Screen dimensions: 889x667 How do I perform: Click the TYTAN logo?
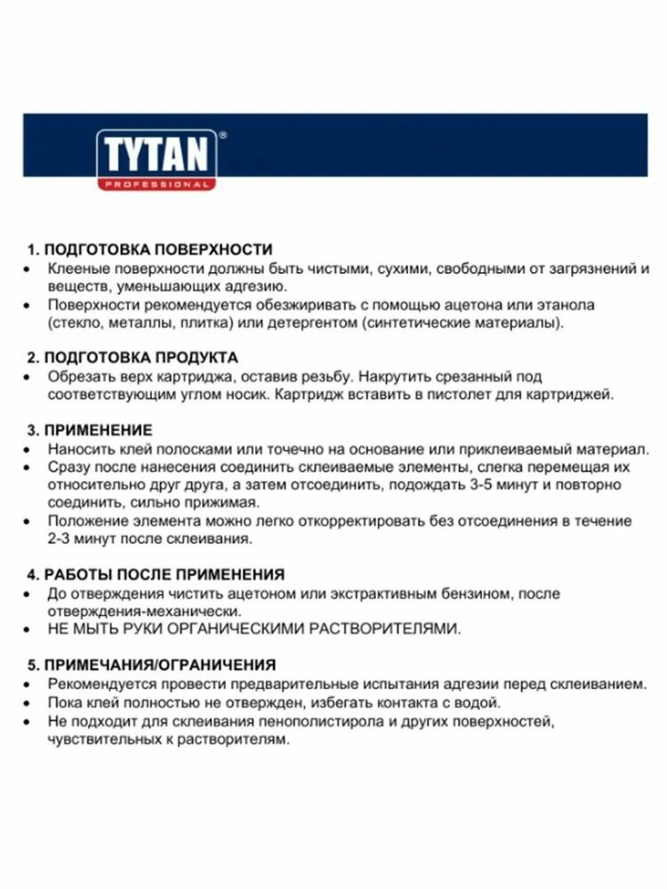click(156, 154)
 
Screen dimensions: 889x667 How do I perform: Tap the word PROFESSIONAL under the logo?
click(157, 184)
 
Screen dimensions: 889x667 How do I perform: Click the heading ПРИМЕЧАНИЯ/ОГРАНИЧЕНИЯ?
click(159, 664)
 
